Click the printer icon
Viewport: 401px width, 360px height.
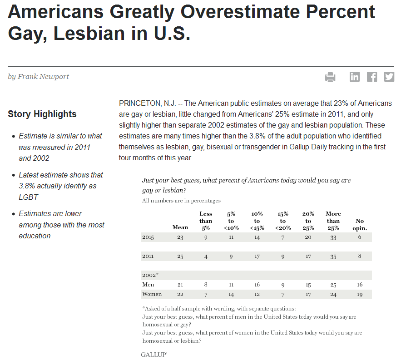pos(330,77)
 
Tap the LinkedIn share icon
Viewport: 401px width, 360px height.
pos(355,77)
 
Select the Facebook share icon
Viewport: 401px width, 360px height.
pos(372,77)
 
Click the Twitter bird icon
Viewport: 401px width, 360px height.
pos(389,77)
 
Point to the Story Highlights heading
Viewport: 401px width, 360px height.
pos(42,114)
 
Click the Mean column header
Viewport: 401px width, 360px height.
pos(180,227)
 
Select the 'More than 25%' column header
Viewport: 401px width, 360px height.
pos(333,221)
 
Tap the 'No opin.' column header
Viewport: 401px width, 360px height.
pos(360,224)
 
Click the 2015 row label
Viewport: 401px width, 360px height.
pos(148,237)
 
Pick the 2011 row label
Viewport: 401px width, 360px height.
pos(148,256)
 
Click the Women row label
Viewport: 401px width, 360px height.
pos(152,294)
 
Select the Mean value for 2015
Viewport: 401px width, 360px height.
pos(180,237)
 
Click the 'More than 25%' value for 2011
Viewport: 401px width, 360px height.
pos(333,256)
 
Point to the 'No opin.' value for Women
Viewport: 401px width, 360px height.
pos(360,294)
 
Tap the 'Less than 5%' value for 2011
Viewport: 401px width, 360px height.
pos(206,256)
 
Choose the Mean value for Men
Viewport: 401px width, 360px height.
pos(180,285)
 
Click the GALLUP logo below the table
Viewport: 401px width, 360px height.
pos(153,355)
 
